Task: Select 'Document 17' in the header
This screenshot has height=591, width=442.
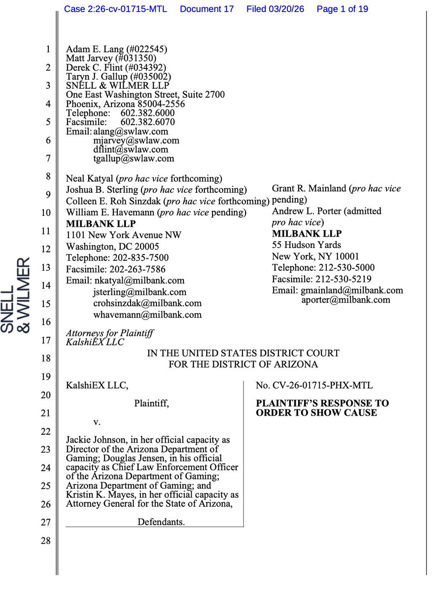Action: pyautogui.click(x=206, y=9)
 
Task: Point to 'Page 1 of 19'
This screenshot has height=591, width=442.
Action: pyautogui.click(x=342, y=9)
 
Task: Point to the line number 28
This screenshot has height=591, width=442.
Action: pyautogui.click(x=45, y=541)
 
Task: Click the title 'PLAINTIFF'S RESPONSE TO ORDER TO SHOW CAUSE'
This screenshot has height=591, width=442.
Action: pyautogui.click(x=322, y=408)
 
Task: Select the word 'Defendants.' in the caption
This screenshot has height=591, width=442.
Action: pyautogui.click(x=161, y=522)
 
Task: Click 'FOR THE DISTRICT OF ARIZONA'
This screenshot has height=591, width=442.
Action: pyautogui.click(x=243, y=364)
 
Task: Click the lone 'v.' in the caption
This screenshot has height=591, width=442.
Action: pyautogui.click(x=97, y=422)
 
